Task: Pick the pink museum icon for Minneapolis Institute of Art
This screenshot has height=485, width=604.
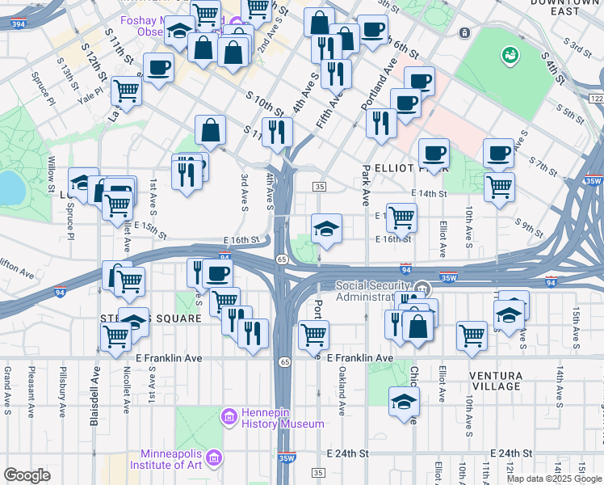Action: coord(214,458)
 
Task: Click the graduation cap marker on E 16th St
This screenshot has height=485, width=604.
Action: coord(327,228)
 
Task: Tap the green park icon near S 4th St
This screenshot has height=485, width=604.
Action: coord(510,56)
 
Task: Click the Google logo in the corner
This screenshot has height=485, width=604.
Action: coord(27,475)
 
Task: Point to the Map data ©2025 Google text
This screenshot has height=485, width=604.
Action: coord(553,479)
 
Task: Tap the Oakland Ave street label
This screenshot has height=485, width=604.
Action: coord(342,390)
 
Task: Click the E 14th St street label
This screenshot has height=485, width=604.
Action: coord(428,194)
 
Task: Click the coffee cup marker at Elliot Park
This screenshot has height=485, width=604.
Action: coord(434,153)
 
